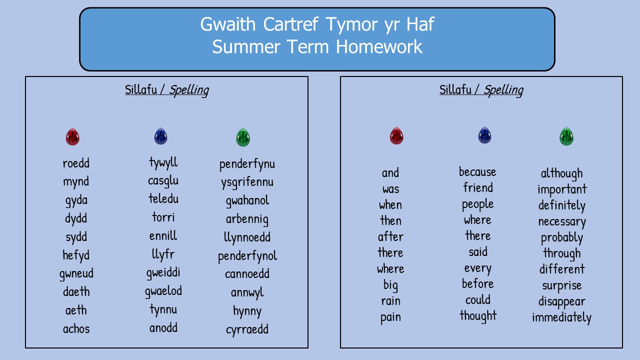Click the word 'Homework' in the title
coord(379,46)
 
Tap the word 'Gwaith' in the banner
coord(227,24)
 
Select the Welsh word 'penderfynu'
coord(247,164)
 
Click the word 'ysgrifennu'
coord(247,182)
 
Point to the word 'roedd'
coord(76,163)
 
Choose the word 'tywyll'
coord(163,162)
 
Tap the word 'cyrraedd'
coord(247,329)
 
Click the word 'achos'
coord(76,328)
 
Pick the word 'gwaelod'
coord(163,291)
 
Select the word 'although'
coord(561,173)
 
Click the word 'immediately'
coord(561,317)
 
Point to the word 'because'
coord(477,171)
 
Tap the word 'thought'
coord(478,316)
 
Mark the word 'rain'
coord(390,301)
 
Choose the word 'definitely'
coord(561,205)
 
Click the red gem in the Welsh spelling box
coord(72,136)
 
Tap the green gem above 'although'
coord(566,136)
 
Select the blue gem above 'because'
coord(484,135)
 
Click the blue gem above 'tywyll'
coord(160,136)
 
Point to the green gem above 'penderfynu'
coord(243,137)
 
